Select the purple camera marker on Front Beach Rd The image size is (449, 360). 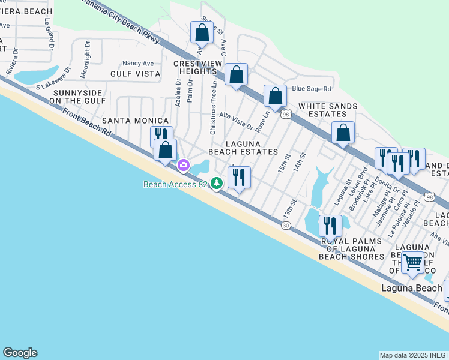184,164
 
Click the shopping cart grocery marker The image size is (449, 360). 412,263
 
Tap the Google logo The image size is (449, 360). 20,353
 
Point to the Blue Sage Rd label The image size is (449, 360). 311,89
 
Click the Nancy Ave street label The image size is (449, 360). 138,63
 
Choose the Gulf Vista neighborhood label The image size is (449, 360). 135,74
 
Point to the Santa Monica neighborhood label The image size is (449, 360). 134,121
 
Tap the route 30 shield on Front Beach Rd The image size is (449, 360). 286,225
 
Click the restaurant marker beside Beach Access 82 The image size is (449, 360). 239,178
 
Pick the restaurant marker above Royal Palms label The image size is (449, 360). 330,226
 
